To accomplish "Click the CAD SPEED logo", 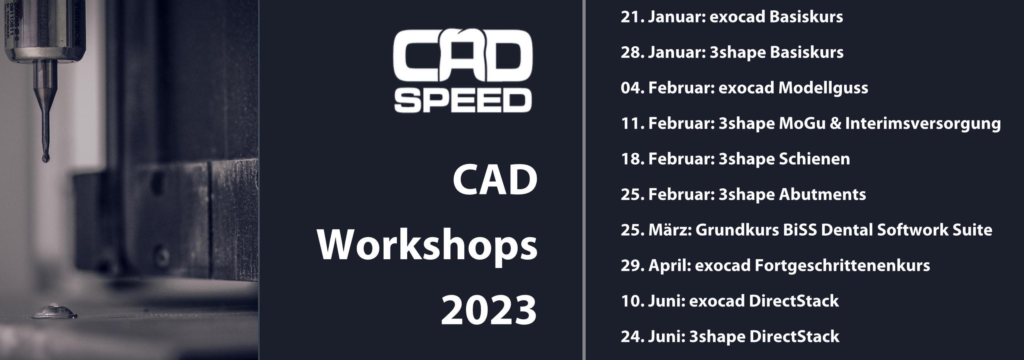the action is pos(463,70).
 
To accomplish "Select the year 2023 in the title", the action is pos(489,310).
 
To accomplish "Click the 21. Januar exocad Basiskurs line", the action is pos(732,17).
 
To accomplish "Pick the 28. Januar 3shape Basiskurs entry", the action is pos(732,52).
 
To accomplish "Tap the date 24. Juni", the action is pos(653,336).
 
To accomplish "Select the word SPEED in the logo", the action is pos(463,101).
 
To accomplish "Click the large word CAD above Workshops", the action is pos(495,181).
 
